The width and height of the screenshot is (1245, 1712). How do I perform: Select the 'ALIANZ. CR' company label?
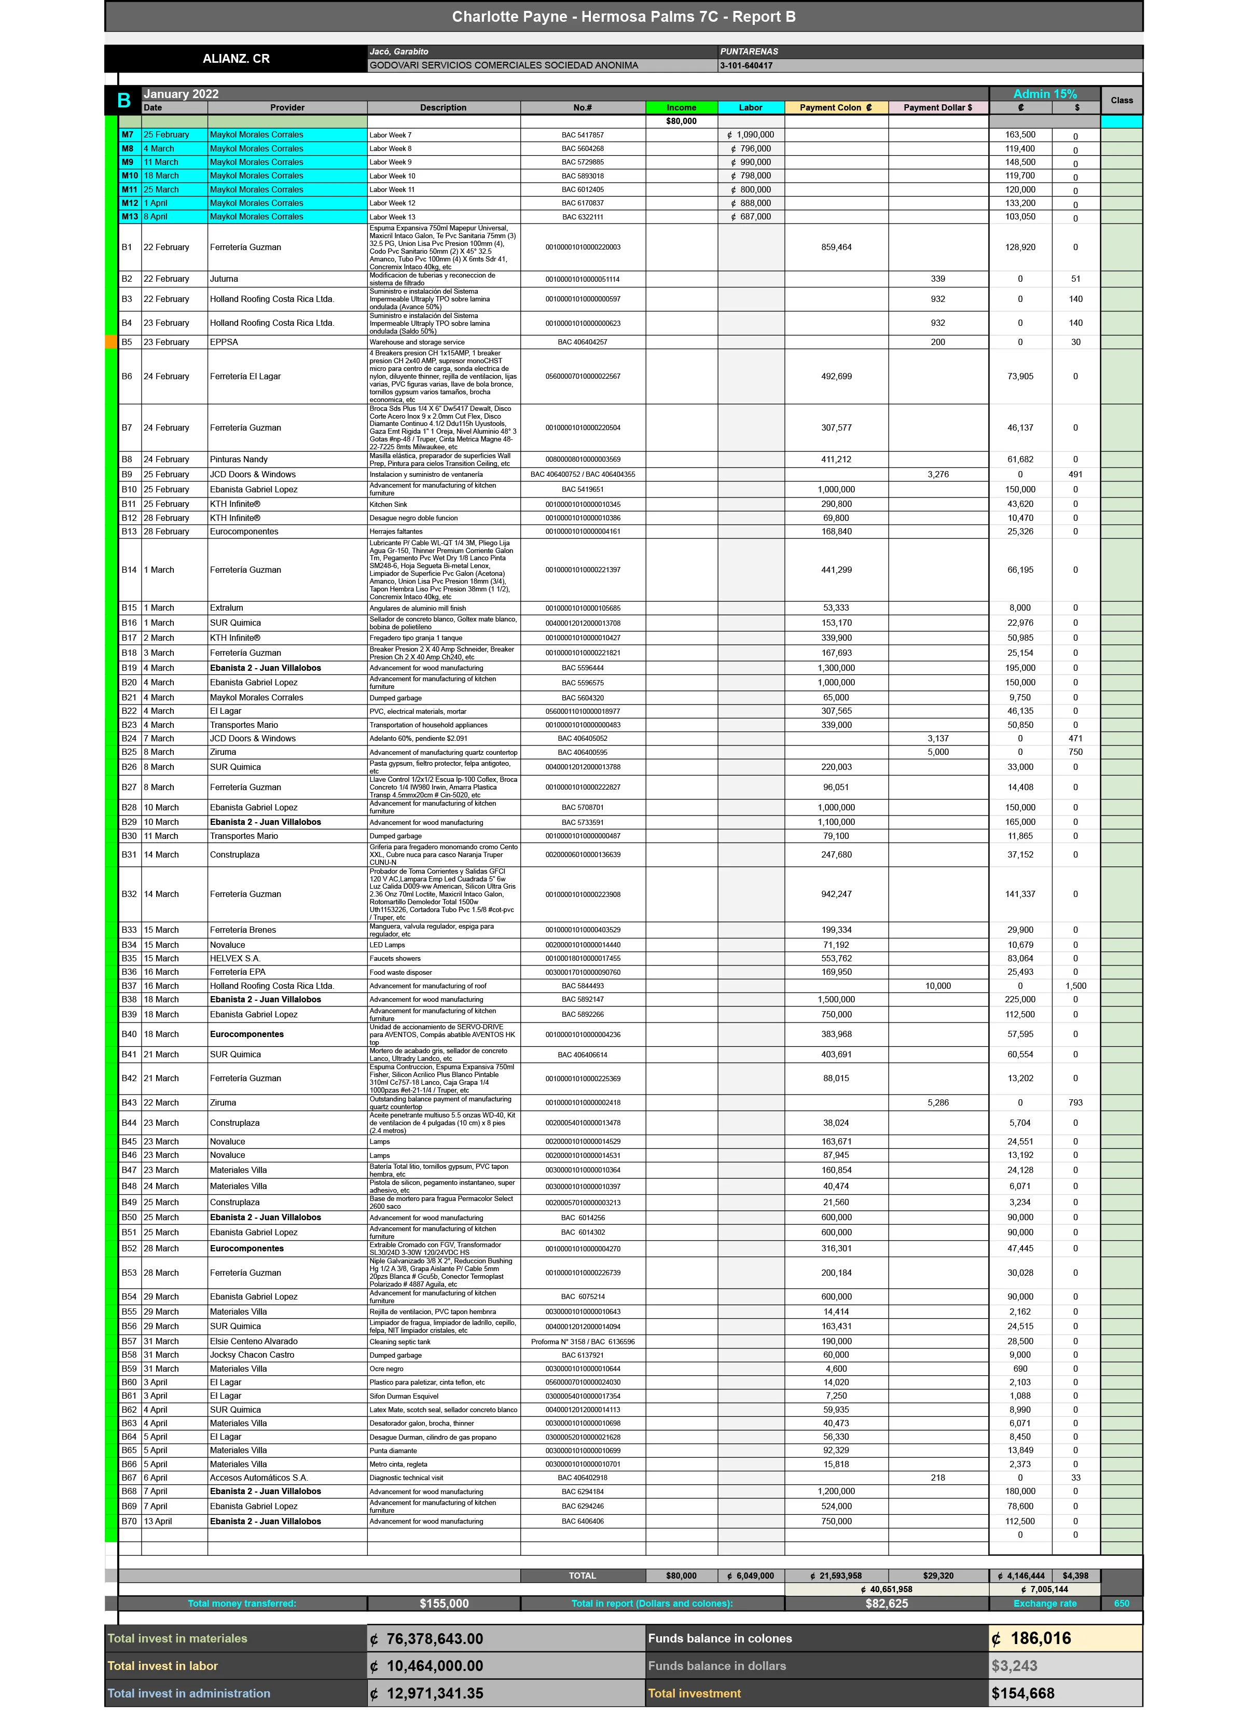pos(236,59)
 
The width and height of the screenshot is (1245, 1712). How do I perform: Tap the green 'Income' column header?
pos(681,108)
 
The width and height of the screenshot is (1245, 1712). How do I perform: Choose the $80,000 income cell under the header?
pos(681,121)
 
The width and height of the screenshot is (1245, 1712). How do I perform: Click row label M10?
pos(130,176)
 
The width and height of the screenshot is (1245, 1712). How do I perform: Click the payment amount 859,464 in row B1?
pos(836,247)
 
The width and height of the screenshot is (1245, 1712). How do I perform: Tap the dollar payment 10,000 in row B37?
pos(938,986)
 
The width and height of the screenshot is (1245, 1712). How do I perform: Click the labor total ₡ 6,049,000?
pos(751,1576)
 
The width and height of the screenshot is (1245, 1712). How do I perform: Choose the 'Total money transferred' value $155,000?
pos(444,1603)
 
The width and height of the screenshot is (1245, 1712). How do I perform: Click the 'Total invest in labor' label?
pos(162,1666)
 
